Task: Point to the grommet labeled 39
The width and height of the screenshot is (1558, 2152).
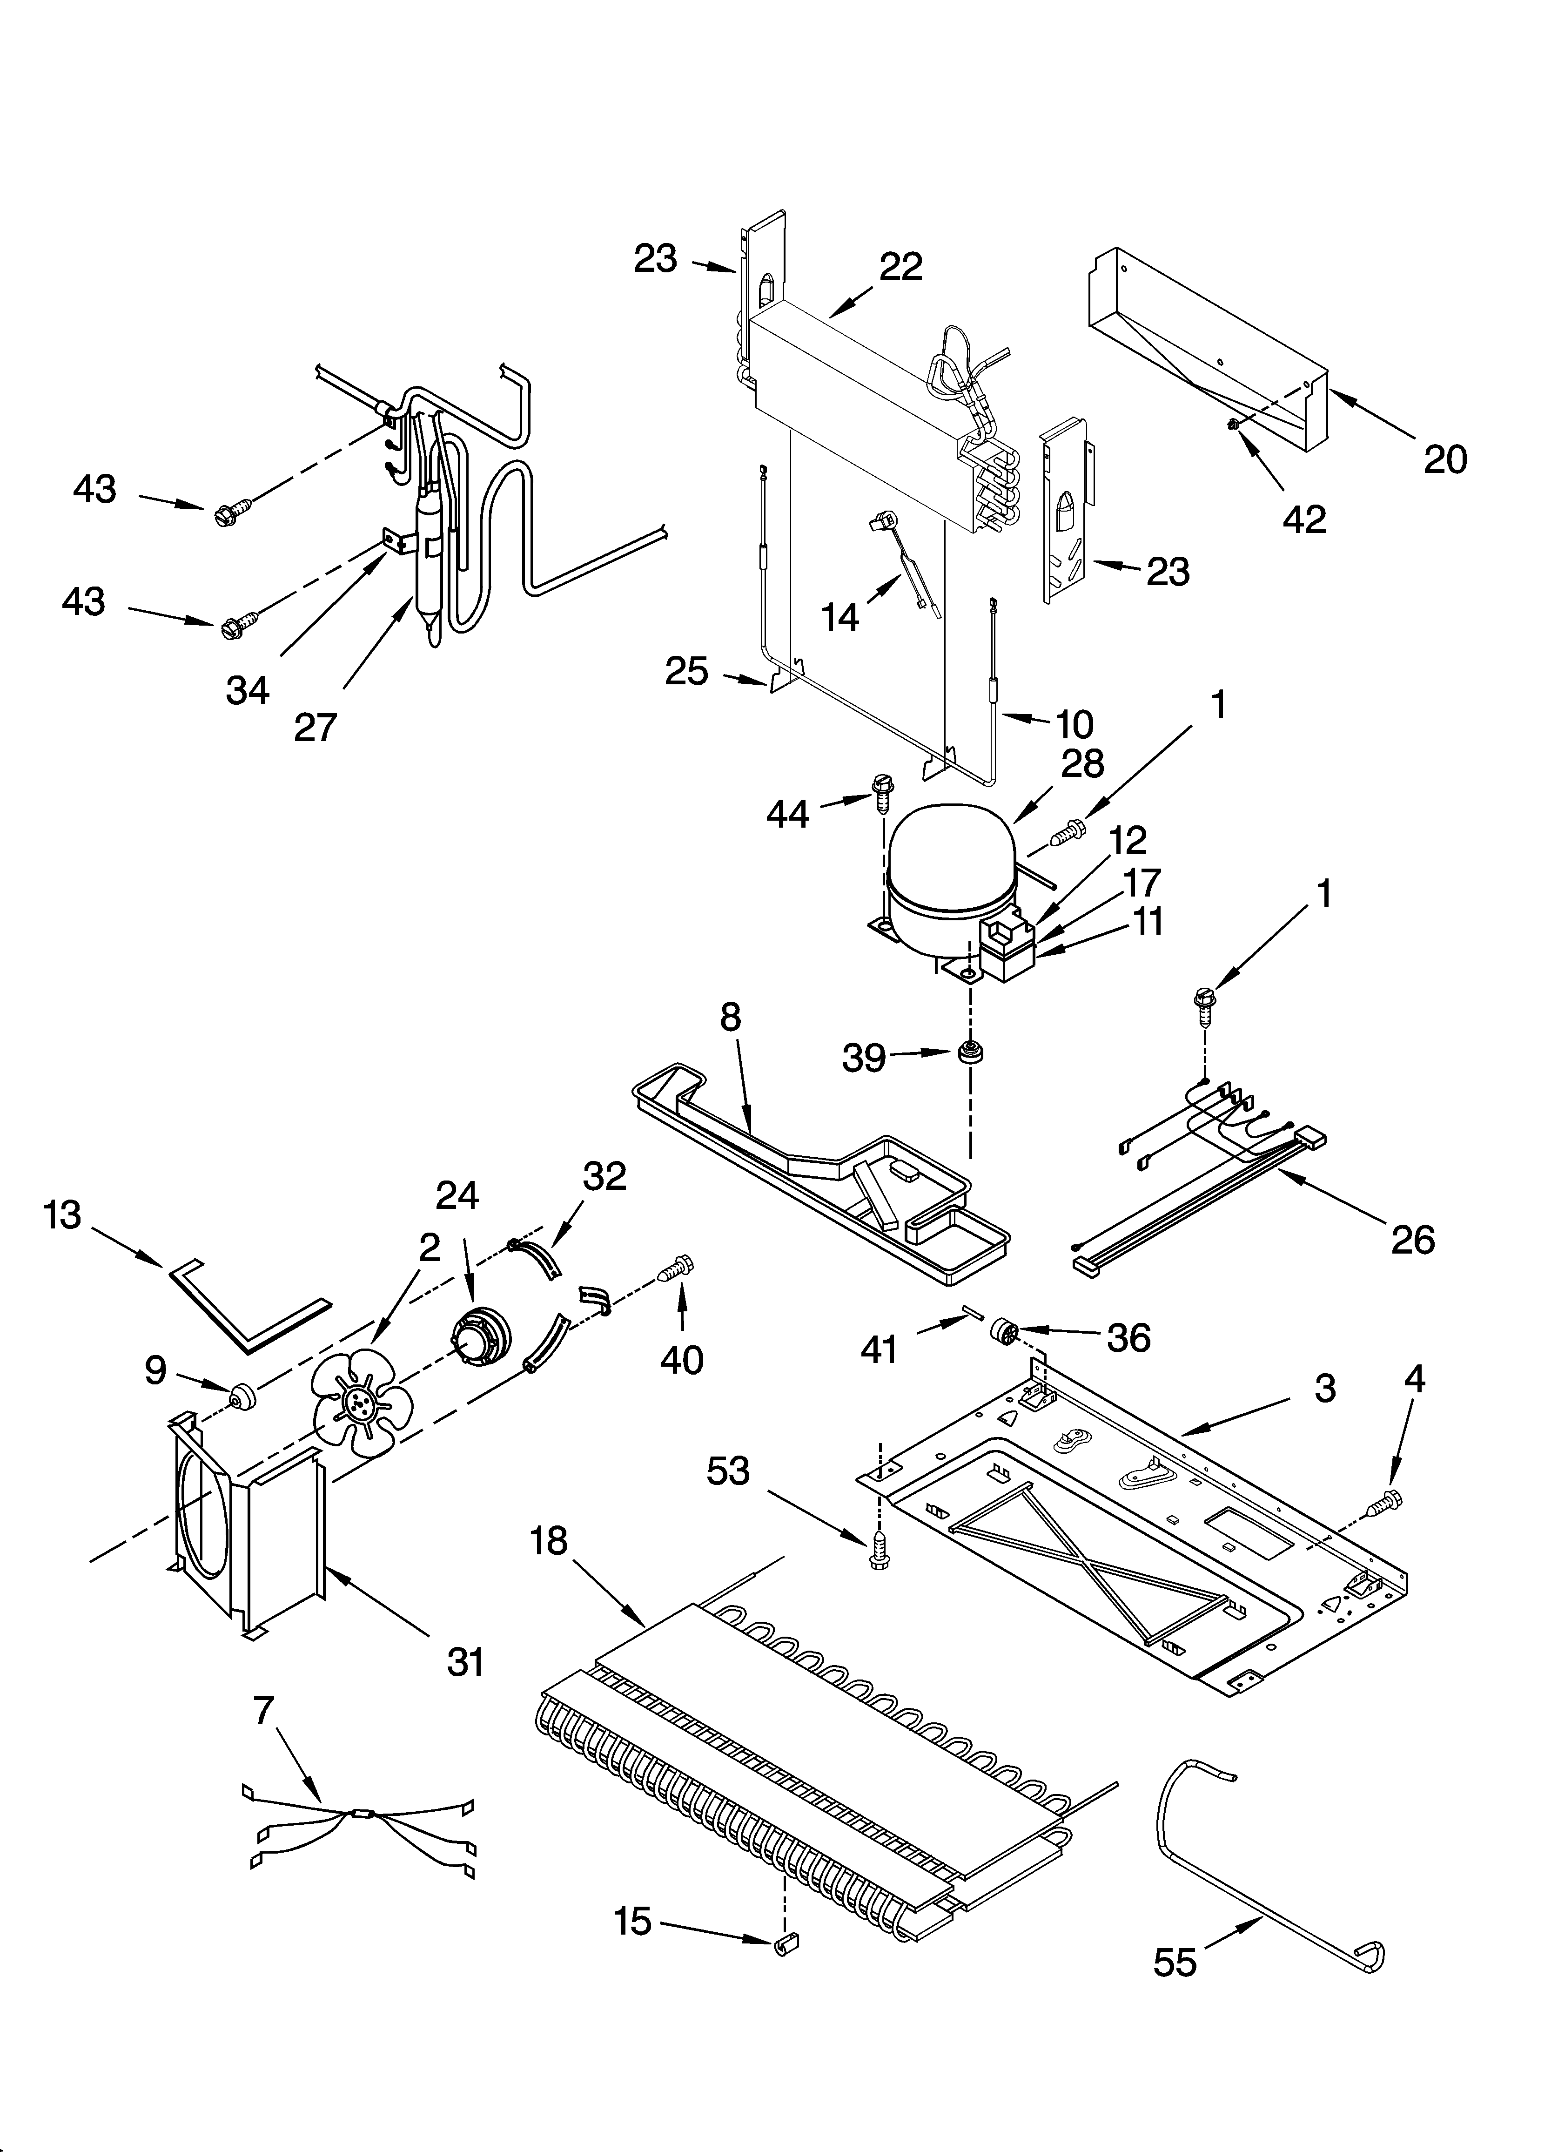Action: tap(970, 1053)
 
